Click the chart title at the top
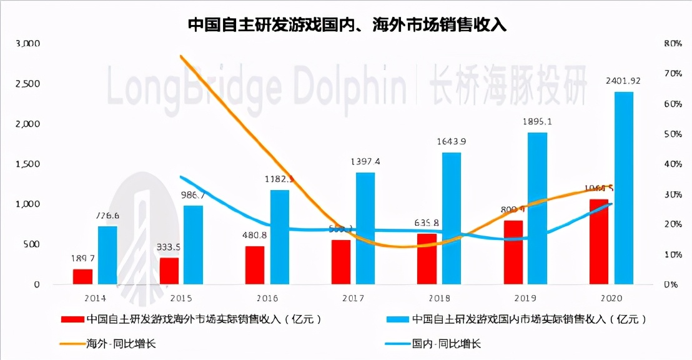[347, 25]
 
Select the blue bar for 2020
[624, 187]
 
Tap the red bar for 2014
[82, 276]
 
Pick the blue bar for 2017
[365, 228]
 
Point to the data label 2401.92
[623, 81]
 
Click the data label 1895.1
[537, 121]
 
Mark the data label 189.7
[82, 258]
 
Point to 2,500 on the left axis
[27, 84]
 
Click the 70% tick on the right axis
[672, 74]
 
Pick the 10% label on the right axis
[672, 255]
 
